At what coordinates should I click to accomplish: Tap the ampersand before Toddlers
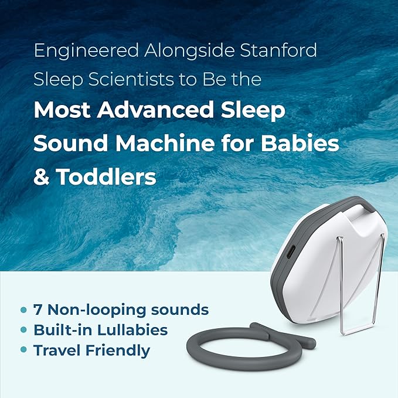[x=41, y=176]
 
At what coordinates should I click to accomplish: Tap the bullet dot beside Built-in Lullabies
[x=23, y=330]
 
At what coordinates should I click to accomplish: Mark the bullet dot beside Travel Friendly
[x=23, y=351]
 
